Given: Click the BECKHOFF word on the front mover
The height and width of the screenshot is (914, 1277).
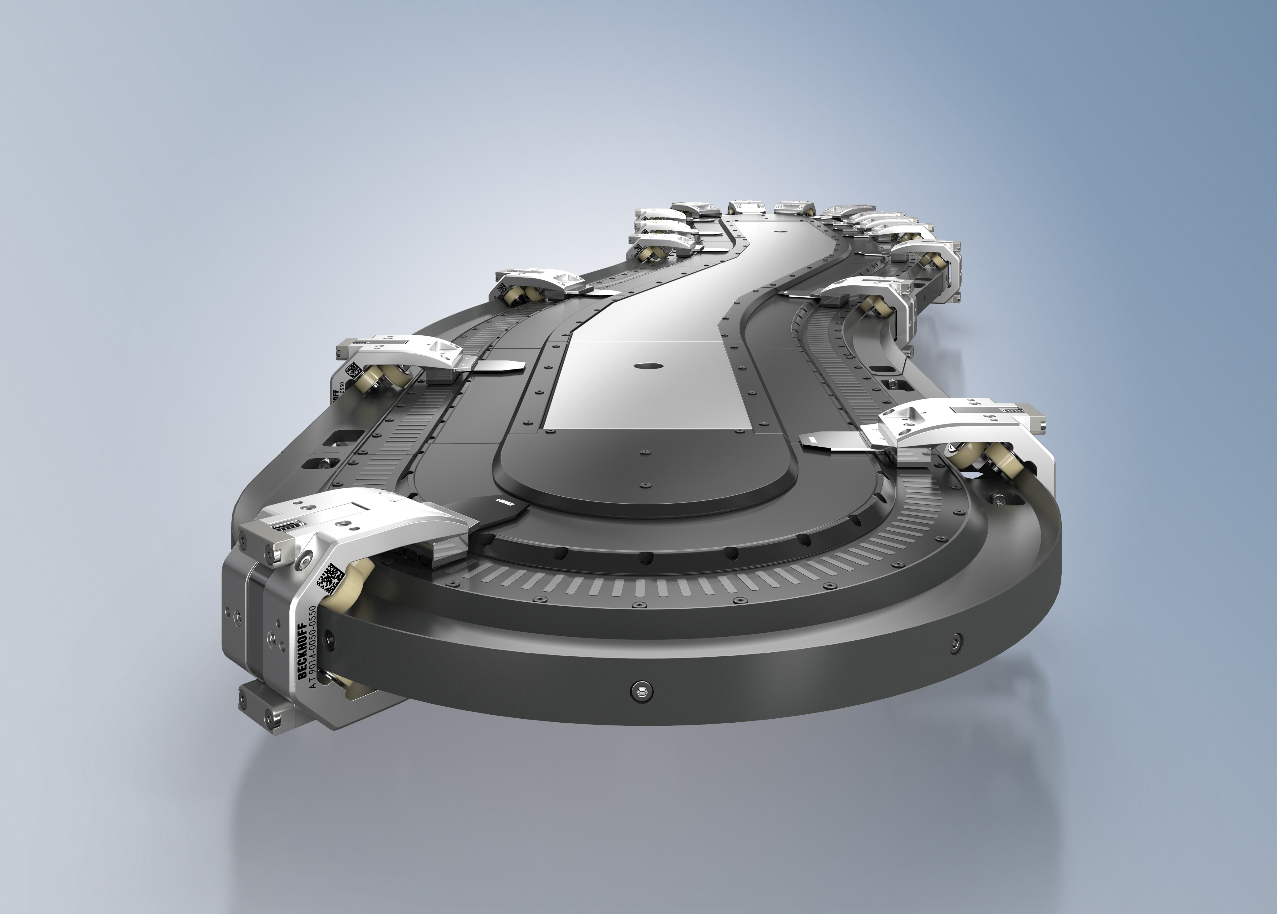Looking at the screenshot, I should (303, 650).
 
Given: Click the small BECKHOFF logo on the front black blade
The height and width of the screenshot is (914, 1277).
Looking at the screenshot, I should (504, 502).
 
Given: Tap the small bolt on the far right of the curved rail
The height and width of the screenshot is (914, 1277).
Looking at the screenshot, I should (956, 641).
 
